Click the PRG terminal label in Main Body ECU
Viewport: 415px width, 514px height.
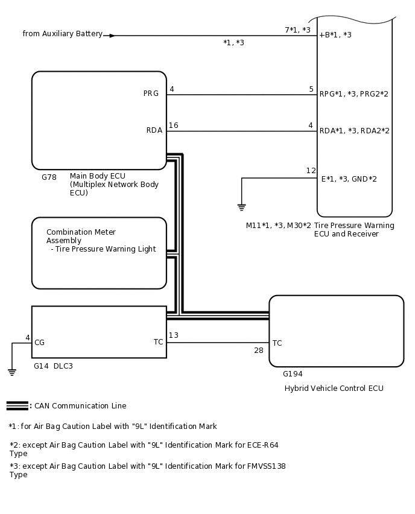tap(151, 94)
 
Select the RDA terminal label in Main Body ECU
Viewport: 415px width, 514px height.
tap(154, 130)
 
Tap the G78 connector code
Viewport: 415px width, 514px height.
tap(49, 177)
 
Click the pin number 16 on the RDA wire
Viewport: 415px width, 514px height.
tap(173, 125)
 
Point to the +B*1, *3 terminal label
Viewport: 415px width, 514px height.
tap(335, 35)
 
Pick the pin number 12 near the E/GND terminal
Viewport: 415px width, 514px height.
tap(311, 171)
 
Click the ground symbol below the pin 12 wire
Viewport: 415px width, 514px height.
tap(241, 207)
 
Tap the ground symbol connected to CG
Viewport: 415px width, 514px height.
tap(12, 372)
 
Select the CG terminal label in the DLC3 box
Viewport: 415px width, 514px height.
tap(39, 343)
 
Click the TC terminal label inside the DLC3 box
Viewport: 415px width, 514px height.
tap(158, 342)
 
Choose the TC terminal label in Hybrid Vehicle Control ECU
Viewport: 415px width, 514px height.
tap(277, 343)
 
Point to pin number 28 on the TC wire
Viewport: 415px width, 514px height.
tap(258, 351)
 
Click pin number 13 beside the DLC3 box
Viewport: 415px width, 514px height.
tap(173, 335)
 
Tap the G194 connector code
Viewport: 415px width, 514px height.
tap(293, 374)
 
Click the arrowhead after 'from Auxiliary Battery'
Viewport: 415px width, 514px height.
tap(112, 36)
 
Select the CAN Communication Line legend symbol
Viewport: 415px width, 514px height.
tap(17, 405)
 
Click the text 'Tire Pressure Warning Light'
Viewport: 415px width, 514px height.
tap(105, 249)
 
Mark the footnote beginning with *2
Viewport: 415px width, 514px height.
tap(144, 449)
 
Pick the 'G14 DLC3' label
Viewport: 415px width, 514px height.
tap(53, 366)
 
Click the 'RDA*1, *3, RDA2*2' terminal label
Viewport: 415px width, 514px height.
tap(354, 130)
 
